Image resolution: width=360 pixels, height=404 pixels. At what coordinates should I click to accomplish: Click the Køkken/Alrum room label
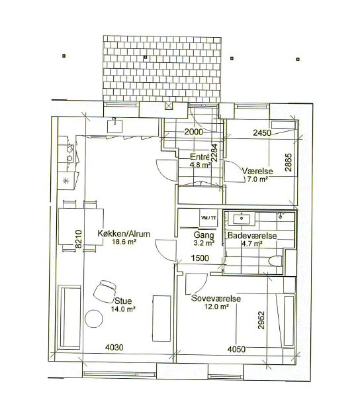pyautogui.click(x=124, y=234)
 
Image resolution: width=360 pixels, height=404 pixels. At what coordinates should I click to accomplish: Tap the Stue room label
pyautogui.click(x=123, y=301)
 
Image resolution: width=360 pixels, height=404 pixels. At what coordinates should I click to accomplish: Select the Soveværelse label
pyautogui.click(x=216, y=298)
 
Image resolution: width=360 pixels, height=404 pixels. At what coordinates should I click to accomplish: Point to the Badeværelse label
pyautogui.click(x=252, y=236)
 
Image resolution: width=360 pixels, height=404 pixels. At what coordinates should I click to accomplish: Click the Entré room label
pyautogui.click(x=199, y=157)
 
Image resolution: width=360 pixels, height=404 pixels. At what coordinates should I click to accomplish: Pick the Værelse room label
pyautogui.click(x=257, y=171)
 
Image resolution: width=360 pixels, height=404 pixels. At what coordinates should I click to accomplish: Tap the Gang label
pyautogui.click(x=204, y=235)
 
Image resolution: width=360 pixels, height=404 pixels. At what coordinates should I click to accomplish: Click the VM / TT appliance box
pyautogui.click(x=208, y=218)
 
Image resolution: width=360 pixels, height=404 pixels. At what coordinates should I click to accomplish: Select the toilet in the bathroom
pyautogui.click(x=275, y=261)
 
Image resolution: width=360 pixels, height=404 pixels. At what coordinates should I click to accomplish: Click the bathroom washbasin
pyautogui.click(x=242, y=219)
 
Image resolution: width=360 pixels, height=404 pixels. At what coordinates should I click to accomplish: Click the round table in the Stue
pyautogui.click(x=94, y=319)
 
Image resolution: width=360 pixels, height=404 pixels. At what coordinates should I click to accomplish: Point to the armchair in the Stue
pyautogui.click(x=105, y=291)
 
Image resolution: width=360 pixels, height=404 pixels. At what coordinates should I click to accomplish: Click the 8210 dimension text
pyautogui.click(x=78, y=239)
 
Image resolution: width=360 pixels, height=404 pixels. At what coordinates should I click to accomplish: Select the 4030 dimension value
pyautogui.click(x=114, y=348)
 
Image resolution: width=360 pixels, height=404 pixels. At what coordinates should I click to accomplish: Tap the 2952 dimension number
pyautogui.click(x=261, y=320)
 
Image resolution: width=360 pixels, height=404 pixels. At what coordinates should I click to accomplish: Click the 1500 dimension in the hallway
pyautogui.click(x=200, y=258)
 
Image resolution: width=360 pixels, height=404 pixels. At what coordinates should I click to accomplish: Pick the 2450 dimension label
pyautogui.click(x=262, y=132)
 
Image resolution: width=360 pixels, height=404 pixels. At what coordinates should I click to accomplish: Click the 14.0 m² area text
pyautogui.click(x=123, y=309)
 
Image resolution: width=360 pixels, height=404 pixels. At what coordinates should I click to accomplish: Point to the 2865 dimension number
pyautogui.click(x=289, y=162)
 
